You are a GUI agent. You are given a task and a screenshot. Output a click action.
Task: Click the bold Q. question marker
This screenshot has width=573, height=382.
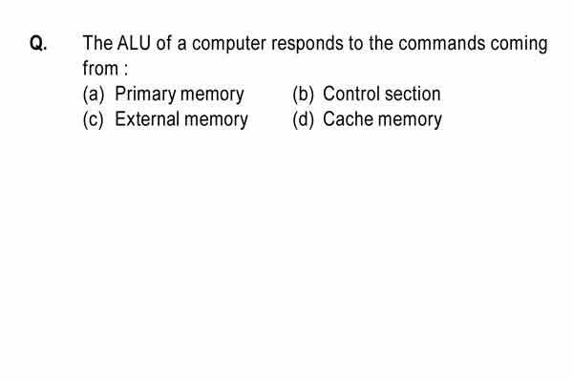pyautogui.click(x=38, y=44)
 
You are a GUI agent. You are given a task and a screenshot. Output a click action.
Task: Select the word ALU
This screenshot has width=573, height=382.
pyautogui.click(x=134, y=43)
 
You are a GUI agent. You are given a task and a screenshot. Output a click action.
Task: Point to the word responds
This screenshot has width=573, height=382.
pyautogui.click(x=308, y=44)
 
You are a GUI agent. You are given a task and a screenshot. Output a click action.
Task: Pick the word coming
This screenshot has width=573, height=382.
pyautogui.click(x=519, y=44)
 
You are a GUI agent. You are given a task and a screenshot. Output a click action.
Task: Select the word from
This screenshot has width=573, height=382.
pyautogui.click(x=100, y=68)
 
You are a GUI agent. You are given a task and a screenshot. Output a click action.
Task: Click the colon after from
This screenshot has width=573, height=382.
pyautogui.click(x=126, y=70)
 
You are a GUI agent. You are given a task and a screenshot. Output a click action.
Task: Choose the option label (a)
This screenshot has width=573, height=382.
pyautogui.click(x=94, y=95)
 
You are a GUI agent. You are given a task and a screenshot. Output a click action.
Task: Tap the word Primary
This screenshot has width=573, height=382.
pyautogui.click(x=145, y=95)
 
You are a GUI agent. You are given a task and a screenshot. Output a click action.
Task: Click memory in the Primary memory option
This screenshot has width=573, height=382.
pyautogui.click(x=212, y=95)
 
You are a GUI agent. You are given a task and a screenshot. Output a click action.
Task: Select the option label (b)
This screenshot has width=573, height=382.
pyautogui.click(x=303, y=95)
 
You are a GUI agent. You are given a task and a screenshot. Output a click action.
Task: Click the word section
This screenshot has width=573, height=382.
pyautogui.click(x=413, y=94)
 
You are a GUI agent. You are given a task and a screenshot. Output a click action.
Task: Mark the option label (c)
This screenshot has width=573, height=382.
pyautogui.click(x=94, y=119)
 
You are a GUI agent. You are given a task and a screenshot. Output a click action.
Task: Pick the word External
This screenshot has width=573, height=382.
pyautogui.click(x=147, y=119)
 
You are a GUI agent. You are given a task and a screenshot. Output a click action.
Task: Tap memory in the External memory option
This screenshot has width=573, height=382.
pyautogui.click(x=216, y=120)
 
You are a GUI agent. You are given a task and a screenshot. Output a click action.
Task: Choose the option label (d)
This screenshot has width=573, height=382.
pyautogui.click(x=303, y=119)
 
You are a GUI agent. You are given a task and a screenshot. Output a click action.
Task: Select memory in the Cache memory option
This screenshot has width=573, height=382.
pyautogui.click(x=410, y=120)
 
